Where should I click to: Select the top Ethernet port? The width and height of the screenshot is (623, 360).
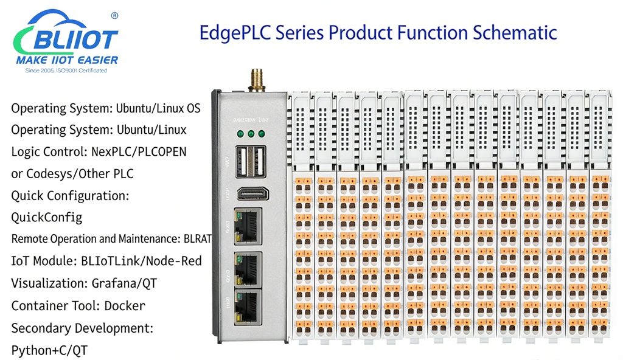pos(249,224)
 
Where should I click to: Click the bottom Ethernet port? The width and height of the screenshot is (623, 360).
pos(249,304)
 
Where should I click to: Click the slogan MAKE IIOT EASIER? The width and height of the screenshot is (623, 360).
pos(67,60)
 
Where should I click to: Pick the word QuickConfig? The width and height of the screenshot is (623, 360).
pos(47,217)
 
